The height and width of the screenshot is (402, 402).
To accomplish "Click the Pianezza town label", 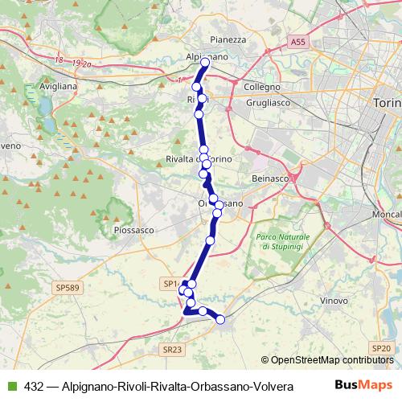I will (227, 39).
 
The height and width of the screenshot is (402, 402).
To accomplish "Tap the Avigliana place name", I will (59, 84).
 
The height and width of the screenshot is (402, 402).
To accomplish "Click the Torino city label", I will (387, 104).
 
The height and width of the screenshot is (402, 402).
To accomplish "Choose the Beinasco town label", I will (269, 176).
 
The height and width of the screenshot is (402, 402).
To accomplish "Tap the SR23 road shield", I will (170, 349).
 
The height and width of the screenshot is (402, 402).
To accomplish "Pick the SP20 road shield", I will (382, 347).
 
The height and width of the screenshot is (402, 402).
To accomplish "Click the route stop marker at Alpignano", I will (205, 62).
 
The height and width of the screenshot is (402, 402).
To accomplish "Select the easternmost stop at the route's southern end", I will (220, 320).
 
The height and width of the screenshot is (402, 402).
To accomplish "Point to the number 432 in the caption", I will (34, 386).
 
